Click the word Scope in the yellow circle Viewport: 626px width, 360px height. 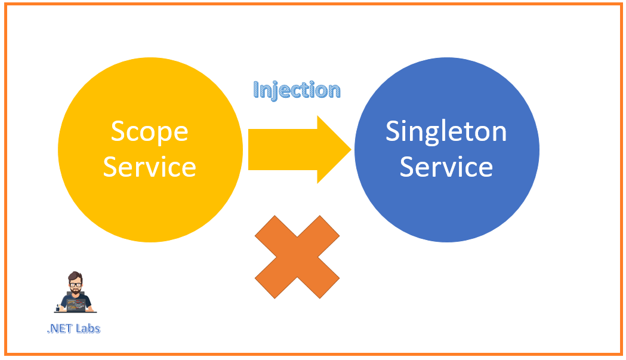pyautogui.click(x=149, y=131)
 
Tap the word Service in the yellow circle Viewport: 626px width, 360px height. pyautogui.click(x=149, y=167)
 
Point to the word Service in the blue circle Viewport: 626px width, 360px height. pyautogui.click(x=446, y=167)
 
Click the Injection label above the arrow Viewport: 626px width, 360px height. pyautogui.click(x=297, y=90)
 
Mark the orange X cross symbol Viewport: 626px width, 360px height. pyautogui.click(x=297, y=257)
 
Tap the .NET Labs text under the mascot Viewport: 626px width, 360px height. pyautogui.click(x=73, y=328)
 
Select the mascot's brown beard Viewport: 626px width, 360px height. pyautogui.click(x=75, y=292)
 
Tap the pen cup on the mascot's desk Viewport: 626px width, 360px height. pyautogui.click(x=58, y=307)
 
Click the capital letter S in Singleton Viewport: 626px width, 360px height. pyautogui.click(x=393, y=131)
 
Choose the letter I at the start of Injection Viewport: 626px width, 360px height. pyautogui.click(x=257, y=90)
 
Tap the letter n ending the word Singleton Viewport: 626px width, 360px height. pyautogui.click(x=499, y=133)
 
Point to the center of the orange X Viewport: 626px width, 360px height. pyautogui.click(x=297, y=257)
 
